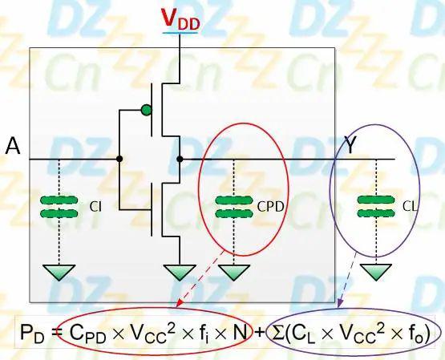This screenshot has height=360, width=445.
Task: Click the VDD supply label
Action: pos(180,19)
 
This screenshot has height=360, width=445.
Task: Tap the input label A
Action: pos(13,146)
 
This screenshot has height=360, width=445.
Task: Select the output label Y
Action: pos(350,145)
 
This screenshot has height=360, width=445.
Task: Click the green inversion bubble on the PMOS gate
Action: pos(146,110)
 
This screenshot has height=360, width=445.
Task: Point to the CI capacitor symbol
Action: pos(59,207)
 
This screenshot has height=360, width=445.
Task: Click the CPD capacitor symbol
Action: pos(234,207)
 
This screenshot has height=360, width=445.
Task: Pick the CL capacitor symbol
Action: pos(376,206)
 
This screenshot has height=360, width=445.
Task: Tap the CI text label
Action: pos(95,207)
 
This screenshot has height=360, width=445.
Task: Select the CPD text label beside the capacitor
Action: pos(270,207)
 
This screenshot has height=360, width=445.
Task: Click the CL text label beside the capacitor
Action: pos(410,207)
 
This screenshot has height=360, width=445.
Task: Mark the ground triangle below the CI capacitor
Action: pos(59,273)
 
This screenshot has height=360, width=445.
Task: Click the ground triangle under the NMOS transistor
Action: pos(180,273)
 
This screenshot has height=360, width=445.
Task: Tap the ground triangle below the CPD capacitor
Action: pos(234,273)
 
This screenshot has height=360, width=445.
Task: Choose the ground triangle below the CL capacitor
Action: pos(376,273)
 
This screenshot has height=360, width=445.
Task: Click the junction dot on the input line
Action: pos(119,159)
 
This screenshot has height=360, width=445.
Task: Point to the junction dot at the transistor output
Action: pos(180,159)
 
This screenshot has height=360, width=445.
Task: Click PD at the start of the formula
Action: pos(32,333)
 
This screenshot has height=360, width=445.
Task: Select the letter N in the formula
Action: pos(240,332)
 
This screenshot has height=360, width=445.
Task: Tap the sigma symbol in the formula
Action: pos(278,332)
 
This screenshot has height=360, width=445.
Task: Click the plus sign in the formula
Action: pos(261,332)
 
